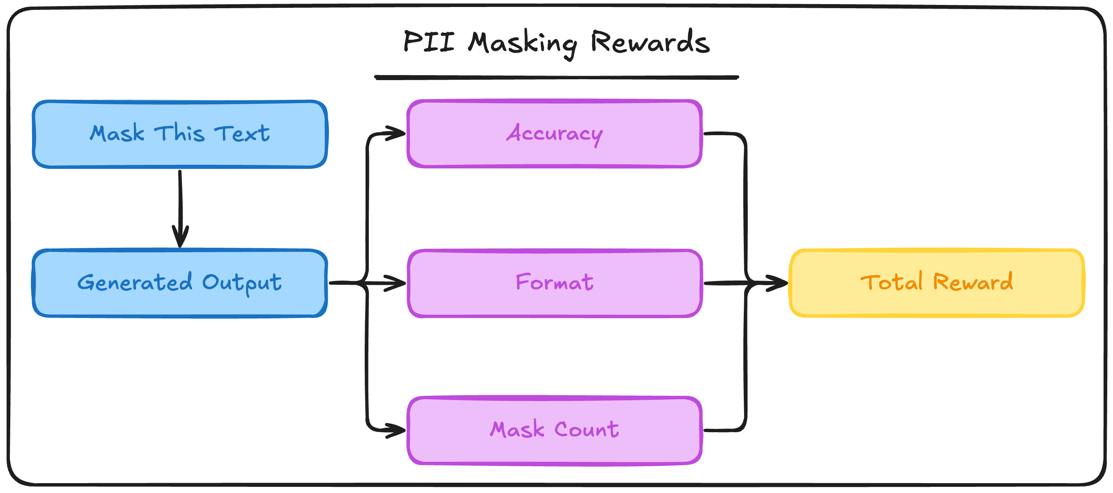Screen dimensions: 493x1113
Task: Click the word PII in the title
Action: [x=429, y=42]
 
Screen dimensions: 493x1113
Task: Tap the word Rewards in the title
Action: [x=650, y=42]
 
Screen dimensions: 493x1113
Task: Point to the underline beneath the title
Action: [x=556, y=78]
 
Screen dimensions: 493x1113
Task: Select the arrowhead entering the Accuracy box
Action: [x=396, y=133]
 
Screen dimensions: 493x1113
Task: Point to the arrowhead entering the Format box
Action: [x=396, y=283]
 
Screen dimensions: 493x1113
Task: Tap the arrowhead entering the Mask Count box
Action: [x=396, y=431]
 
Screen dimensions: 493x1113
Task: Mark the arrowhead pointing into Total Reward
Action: [x=777, y=283]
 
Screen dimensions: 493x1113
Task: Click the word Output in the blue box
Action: [x=241, y=283]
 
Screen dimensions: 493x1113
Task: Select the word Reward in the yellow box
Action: [x=973, y=282]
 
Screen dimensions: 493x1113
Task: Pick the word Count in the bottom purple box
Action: [x=586, y=429]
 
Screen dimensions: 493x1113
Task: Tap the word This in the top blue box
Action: [x=179, y=133]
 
